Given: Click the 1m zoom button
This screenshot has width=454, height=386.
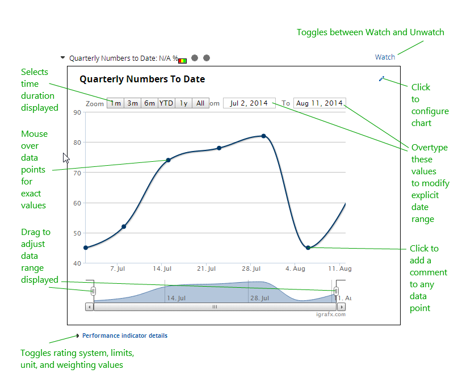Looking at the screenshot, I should pyautogui.click(x=116, y=103).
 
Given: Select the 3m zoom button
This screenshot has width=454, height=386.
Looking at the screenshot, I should pyautogui.click(x=132, y=103).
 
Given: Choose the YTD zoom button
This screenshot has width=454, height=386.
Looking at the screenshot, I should pyautogui.click(x=166, y=103).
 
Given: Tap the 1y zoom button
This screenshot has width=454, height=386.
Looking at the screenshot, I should pyautogui.click(x=183, y=103).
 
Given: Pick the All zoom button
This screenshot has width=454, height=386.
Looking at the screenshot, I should pyautogui.click(x=200, y=103).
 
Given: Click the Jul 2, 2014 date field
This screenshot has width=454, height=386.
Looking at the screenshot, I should pyautogui.click(x=249, y=103).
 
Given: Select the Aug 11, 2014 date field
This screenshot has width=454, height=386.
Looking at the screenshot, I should pyautogui.click(x=320, y=103).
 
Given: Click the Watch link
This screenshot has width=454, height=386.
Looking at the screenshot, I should pyautogui.click(x=385, y=57).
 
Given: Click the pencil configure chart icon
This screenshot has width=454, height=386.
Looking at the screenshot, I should pyautogui.click(x=382, y=79).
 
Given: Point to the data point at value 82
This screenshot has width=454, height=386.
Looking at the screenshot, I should pyautogui.click(x=264, y=136).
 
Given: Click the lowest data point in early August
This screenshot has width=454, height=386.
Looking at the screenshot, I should pyautogui.click(x=308, y=247).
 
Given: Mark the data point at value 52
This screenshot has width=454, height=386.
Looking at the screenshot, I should pyautogui.click(x=124, y=226).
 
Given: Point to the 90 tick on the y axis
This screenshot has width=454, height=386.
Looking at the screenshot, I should pyautogui.click(x=77, y=112).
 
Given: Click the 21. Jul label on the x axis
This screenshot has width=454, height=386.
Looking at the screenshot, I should pyautogui.click(x=207, y=268).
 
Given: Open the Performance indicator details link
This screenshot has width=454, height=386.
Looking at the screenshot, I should pyautogui.click(x=125, y=335).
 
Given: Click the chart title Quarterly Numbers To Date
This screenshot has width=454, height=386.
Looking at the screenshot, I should pyautogui.click(x=142, y=79).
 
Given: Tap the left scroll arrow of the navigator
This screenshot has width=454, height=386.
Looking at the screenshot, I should pyautogui.click(x=89, y=307).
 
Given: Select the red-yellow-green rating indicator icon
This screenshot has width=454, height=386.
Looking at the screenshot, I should pyautogui.click(x=182, y=60).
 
